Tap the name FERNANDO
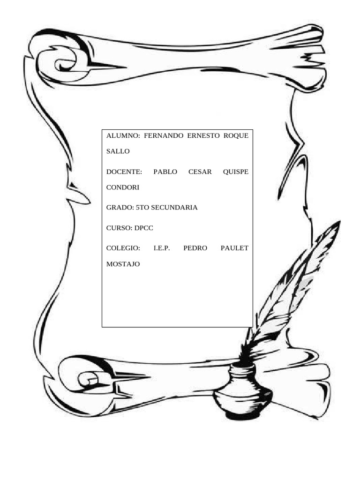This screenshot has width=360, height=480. point(164,135)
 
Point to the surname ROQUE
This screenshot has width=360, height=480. point(236,135)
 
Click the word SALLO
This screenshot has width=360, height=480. point(118,151)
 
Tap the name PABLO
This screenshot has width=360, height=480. point(165,172)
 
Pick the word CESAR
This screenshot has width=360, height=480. point(200,172)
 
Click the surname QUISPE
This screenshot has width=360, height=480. point(236,172)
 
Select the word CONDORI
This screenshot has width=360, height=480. point(123,187)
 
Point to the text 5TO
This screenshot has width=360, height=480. point(142,208)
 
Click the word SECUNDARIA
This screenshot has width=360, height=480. point(174,208)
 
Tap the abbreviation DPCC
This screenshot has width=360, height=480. point(144,228)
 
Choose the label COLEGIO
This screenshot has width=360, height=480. point(123,248)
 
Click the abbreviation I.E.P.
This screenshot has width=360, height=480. point(162,248)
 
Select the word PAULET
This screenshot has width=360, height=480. point(234,248)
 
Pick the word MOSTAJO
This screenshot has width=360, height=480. point(123,264)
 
